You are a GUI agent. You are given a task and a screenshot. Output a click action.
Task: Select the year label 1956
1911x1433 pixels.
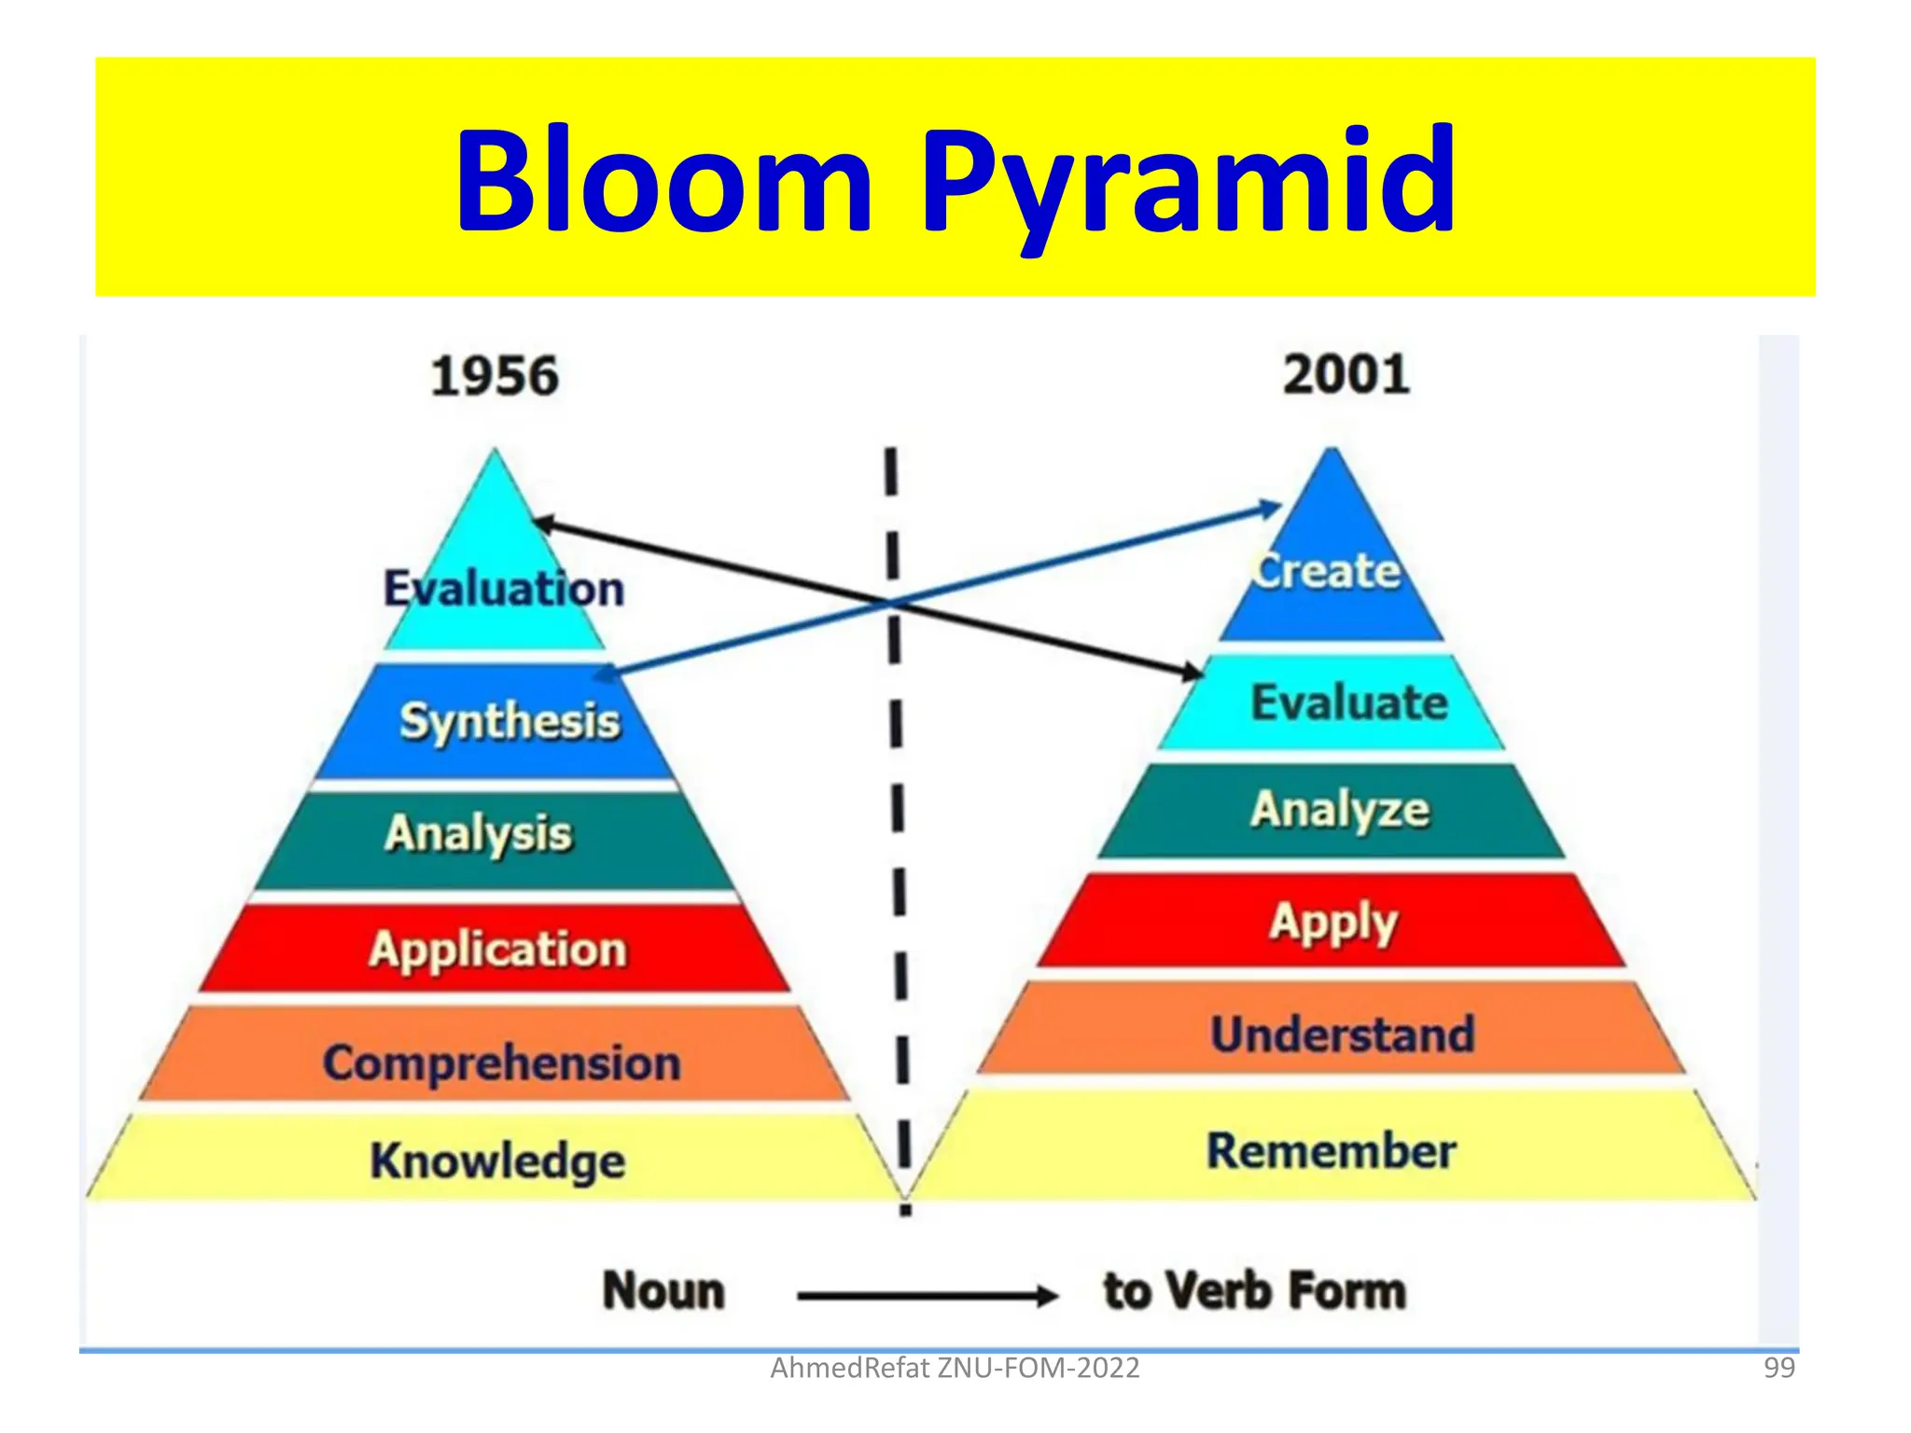(x=495, y=377)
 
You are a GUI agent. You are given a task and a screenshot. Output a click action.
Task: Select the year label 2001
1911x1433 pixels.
(x=1346, y=375)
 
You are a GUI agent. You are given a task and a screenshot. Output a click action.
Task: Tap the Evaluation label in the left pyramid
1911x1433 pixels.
(x=504, y=589)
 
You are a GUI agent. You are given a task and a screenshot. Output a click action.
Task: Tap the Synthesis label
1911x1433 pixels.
(x=509, y=721)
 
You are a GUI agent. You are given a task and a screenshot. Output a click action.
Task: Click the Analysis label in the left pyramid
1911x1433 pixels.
(x=478, y=833)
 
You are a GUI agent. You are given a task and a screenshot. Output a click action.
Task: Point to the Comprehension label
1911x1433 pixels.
(x=502, y=1064)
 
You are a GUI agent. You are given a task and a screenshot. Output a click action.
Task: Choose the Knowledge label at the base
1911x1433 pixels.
(x=497, y=1162)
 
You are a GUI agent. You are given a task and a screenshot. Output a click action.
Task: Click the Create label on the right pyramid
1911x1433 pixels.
(x=1326, y=571)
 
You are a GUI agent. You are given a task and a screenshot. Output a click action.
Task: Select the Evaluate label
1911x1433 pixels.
(x=1349, y=703)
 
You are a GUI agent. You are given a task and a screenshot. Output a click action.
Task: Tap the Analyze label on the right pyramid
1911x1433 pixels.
(x=1340, y=810)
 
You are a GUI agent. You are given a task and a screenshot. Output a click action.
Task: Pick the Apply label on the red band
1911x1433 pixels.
(x=1333, y=923)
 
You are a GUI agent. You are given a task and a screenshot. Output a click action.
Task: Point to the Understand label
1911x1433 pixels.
(x=1343, y=1035)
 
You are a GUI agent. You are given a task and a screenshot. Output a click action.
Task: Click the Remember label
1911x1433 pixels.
(x=1332, y=1151)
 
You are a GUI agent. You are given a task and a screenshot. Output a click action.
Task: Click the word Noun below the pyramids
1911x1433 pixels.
(x=663, y=1292)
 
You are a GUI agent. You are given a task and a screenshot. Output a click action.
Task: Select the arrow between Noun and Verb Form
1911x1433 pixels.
(x=927, y=1295)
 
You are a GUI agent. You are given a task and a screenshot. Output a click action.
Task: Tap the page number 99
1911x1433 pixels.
(x=1779, y=1369)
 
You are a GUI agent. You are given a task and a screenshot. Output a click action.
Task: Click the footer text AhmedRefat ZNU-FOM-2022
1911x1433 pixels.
(x=955, y=1369)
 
